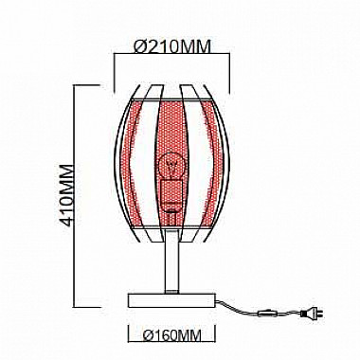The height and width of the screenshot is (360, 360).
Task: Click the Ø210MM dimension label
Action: click(x=171, y=46)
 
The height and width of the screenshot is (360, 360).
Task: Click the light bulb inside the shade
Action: click(x=171, y=167)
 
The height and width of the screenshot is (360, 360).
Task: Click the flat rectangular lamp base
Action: click(x=171, y=300)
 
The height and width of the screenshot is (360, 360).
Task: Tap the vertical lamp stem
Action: click(x=172, y=261)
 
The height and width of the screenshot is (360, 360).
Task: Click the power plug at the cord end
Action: click(x=312, y=313)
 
